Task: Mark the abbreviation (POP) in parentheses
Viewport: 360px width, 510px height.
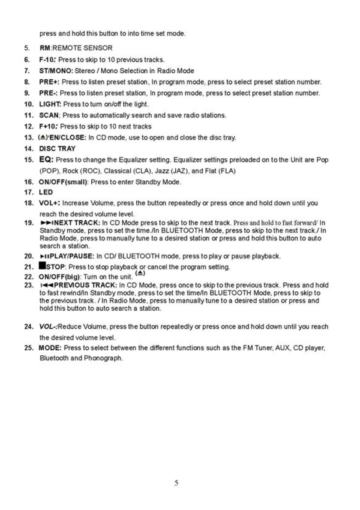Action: (x=48, y=171)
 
